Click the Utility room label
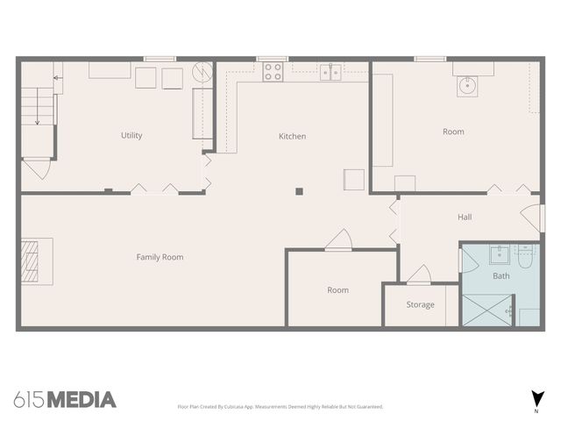tap(131, 136)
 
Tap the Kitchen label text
tap(292, 136)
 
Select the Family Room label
tap(160, 257)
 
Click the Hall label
tap(465, 217)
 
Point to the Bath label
tap(501, 276)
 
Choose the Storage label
tap(420, 305)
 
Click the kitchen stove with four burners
tap(273, 72)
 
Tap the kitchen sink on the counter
tap(330, 72)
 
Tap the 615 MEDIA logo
tap(66, 399)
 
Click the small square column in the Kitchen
tap(299, 190)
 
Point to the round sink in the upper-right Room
tap(466, 85)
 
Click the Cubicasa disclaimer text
tap(280, 407)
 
